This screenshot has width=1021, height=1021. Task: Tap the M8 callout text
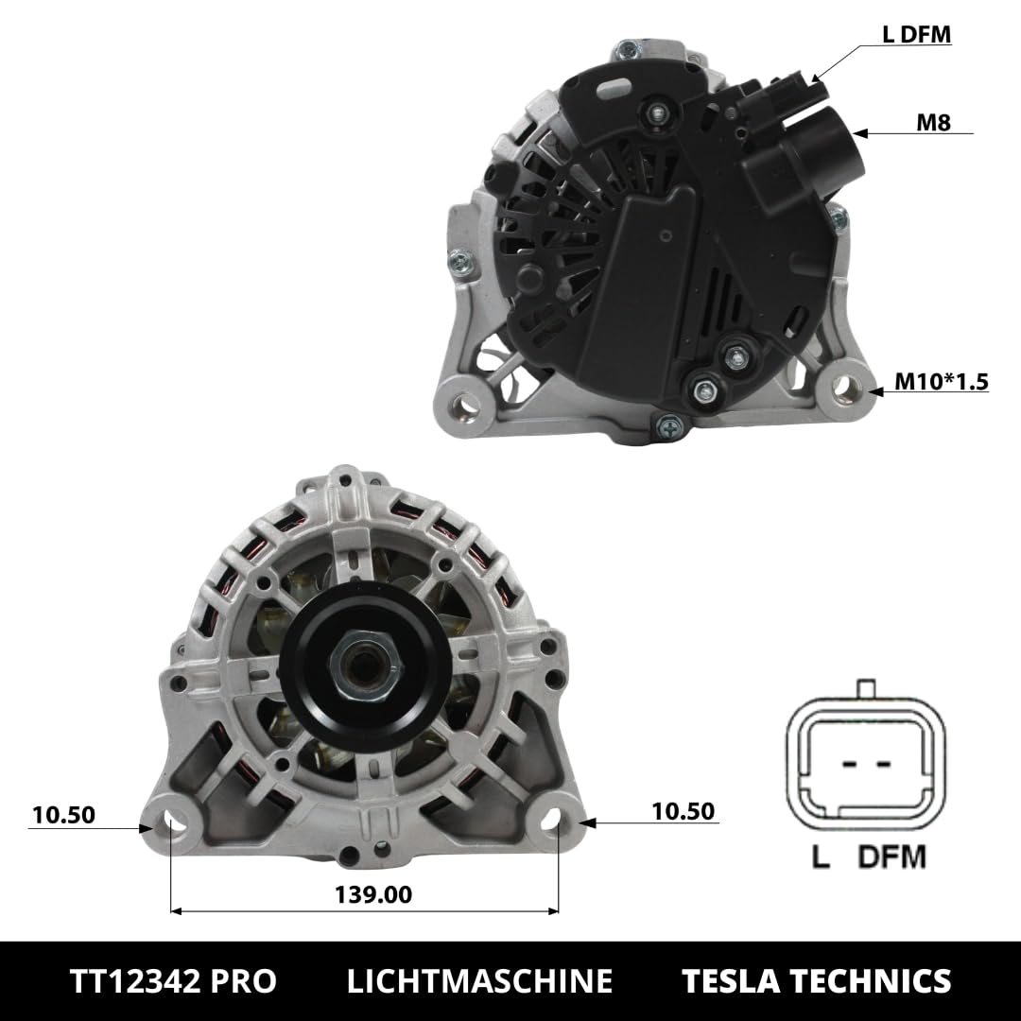(x=932, y=122)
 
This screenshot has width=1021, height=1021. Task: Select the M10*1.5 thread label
(x=942, y=382)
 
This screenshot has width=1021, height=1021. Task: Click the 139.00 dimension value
(x=374, y=893)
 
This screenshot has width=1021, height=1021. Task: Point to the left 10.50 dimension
(x=63, y=815)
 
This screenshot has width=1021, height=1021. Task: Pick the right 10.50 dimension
(x=683, y=811)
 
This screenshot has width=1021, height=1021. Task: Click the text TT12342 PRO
(x=173, y=980)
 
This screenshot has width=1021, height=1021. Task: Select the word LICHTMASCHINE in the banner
(x=479, y=980)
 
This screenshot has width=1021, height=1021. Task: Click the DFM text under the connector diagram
(x=891, y=857)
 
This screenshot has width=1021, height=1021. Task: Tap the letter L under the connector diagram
(x=821, y=857)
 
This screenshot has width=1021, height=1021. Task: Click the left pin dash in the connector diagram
(x=847, y=763)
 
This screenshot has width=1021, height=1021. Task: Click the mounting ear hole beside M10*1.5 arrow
(x=845, y=386)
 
